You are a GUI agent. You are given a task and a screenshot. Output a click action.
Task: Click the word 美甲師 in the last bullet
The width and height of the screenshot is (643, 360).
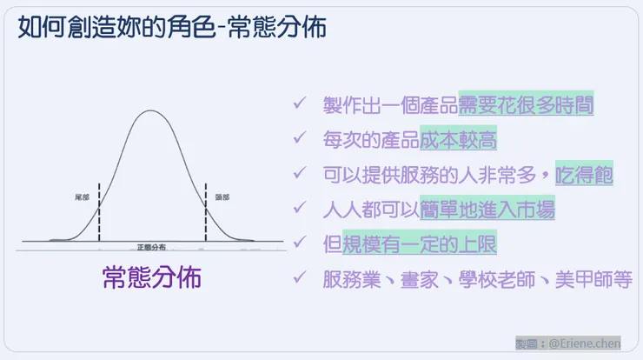tap(575, 279)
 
